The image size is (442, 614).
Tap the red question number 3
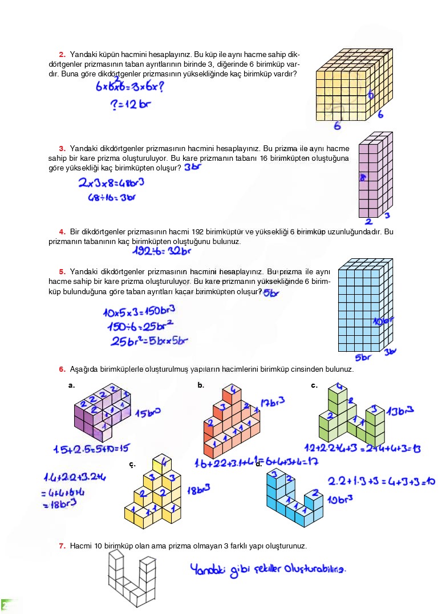(62, 148)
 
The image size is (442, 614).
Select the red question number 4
(62, 231)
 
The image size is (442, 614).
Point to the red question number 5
(62, 271)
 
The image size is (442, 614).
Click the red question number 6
(62, 369)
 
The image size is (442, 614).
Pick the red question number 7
(62, 546)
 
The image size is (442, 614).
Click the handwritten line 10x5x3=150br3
(139, 311)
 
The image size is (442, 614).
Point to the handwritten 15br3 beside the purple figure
(147, 412)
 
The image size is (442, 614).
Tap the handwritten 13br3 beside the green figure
(400, 410)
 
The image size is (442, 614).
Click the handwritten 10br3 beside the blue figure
(340, 500)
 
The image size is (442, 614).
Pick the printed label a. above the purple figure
(71, 385)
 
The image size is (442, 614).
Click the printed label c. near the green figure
(314, 385)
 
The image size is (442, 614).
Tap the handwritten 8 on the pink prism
(362, 178)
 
